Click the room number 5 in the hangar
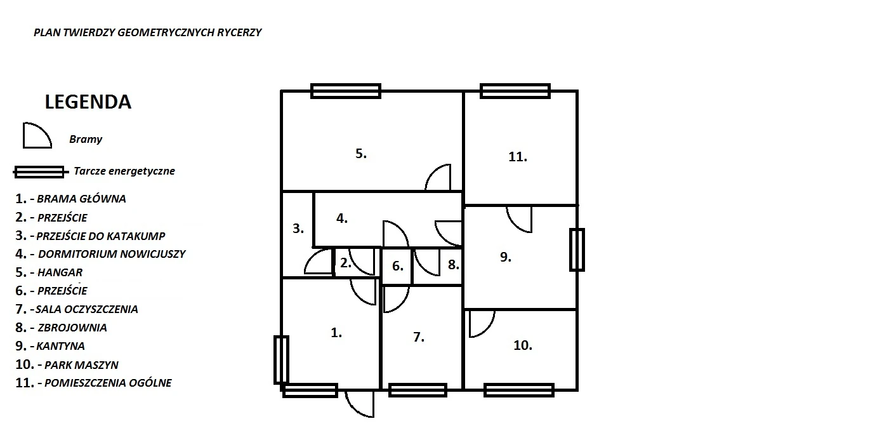click(360, 154)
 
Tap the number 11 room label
click(517, 157)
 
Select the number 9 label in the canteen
click(505, 257)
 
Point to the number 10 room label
click(522, 345)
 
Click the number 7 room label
click(418, 337)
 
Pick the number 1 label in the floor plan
click(336, 332)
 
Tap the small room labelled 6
click(397, 266)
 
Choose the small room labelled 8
click(453, 265)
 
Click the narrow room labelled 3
click(298, 229)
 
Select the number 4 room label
click(342, 218)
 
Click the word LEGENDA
click(88, 102)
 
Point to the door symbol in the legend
click(36, 136)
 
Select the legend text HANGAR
click(60, 272)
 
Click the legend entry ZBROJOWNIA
click(72, 328)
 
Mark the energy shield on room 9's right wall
click(576, 250)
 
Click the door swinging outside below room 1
click(360, 403)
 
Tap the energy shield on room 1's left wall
click(281, 360)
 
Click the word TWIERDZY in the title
click(90, 32)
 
